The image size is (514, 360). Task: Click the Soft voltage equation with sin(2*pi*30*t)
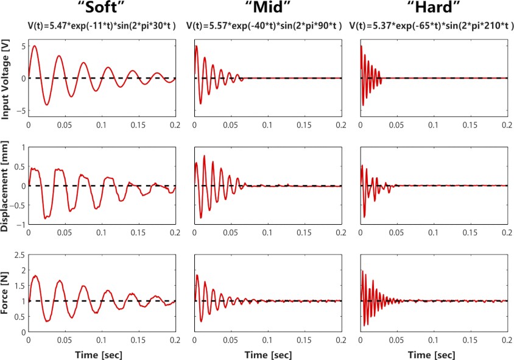coord(102,26)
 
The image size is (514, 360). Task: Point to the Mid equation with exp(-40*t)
coord(267,26)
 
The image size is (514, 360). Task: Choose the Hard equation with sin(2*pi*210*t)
coord(433,26)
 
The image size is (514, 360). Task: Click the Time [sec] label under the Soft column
coord(102,353)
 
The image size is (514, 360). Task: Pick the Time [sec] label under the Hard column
coord(433,353)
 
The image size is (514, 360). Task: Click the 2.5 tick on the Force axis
coord(19,255)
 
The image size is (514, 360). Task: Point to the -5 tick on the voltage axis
coord(20,111)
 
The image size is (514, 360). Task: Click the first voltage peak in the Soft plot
coord(35,46)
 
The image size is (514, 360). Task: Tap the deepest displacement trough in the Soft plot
coord(46,217)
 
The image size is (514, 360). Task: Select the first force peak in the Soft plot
coord(35,276)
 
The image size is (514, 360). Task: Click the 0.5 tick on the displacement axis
coord(19,166)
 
